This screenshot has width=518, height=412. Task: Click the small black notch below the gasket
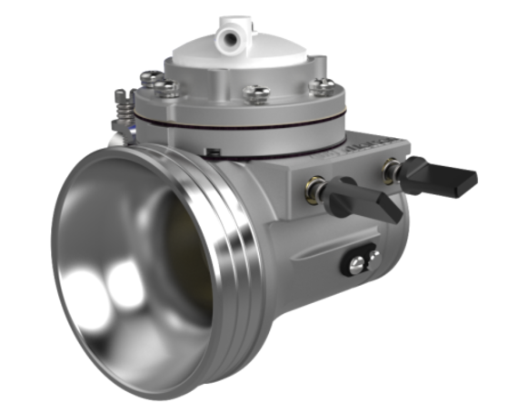(212, 151)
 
